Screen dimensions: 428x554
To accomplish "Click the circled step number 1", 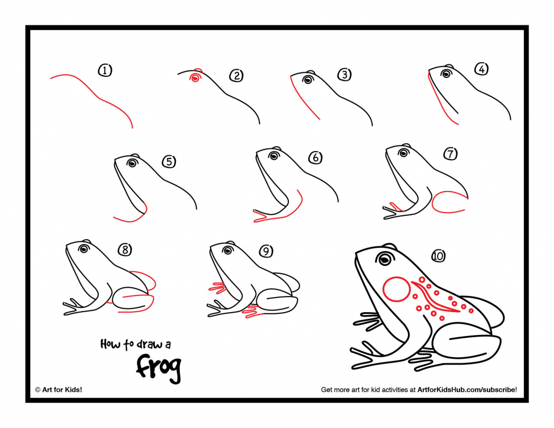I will [x=105, y=70].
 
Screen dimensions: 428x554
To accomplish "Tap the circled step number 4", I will [x=481, y=69].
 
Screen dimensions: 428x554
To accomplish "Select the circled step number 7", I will [x=450, y=154].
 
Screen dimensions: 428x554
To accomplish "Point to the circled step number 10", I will [x=438, y=255].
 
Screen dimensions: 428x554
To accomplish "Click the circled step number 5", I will [x=169, y=161].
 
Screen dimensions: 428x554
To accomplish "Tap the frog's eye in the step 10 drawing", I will [x=385, y=259].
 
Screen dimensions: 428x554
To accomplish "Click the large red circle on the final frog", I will [x=397, y=289].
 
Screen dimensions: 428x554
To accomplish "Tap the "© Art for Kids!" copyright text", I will [x=58, y=390].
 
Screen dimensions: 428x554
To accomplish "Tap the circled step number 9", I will [x=266, y=251].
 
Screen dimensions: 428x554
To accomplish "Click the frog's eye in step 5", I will [x=132, y=162].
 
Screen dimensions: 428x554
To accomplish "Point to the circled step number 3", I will [x=344, y=75].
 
